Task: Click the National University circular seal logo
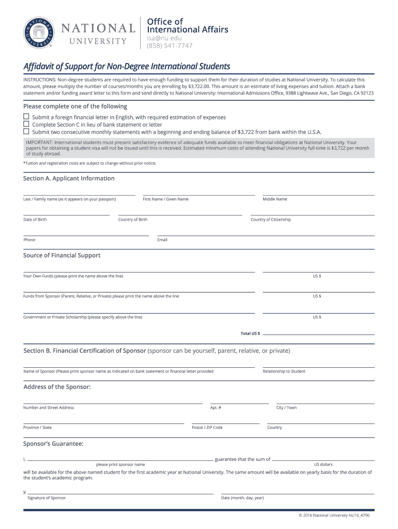pos(38,32)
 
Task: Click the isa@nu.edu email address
pos(164,38)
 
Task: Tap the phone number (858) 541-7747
pos(170,45)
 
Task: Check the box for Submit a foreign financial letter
pos(26,117)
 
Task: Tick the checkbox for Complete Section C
pos(26,125)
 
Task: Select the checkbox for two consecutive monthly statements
pos(26,132)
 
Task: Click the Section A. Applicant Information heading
pos(69,178)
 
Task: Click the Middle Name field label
pos(274,199)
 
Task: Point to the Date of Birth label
pos(35,220)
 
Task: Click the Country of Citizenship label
pos(270,220)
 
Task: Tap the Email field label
pos(162,240)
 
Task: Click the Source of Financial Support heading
pos(62,255)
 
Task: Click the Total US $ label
pos(250,333)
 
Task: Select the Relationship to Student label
pos(284,371)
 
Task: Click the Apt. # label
pos(216,408)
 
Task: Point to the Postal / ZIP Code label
pos(207,427)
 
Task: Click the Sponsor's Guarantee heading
pos(53,443)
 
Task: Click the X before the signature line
pos(24,492)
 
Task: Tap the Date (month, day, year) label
pos(242,498)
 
